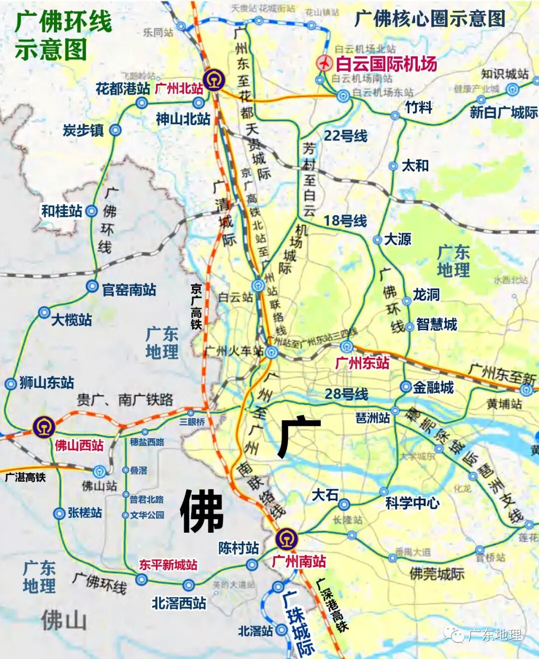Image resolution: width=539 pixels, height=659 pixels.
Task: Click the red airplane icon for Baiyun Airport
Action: (x=325, y=63)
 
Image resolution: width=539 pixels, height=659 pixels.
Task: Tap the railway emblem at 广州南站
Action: (x=286, y=539)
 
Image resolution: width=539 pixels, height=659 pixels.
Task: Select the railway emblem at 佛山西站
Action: (x=44, y=427)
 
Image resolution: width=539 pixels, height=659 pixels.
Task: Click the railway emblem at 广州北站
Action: (x=214, y=80)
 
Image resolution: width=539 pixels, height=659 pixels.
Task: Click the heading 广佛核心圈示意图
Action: (x=430, y=19)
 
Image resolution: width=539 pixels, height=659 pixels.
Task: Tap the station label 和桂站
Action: (x=61, y=211)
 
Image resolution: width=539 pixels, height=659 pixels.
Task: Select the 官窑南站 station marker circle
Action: (x=92, y=286)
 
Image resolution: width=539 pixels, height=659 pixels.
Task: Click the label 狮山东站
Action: (x=46, y=383)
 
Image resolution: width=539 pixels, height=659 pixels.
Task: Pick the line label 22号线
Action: (x=345, y=136)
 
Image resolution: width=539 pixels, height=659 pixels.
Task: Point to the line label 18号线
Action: (x=345, y=221)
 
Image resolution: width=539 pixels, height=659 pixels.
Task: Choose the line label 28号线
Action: (x=346, y=394)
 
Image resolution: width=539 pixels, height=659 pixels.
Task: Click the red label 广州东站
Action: (x=362, y=363)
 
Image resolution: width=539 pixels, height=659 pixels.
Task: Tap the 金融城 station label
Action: (x=433, y=387)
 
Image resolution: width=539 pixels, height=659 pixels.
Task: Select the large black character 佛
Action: (x=202, y=511)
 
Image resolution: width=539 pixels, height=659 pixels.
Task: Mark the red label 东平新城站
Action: (x=168, y=565)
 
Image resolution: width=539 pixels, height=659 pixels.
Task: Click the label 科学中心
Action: (x=412, y=503)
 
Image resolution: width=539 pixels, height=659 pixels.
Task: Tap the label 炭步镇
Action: (x=83, y=130)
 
